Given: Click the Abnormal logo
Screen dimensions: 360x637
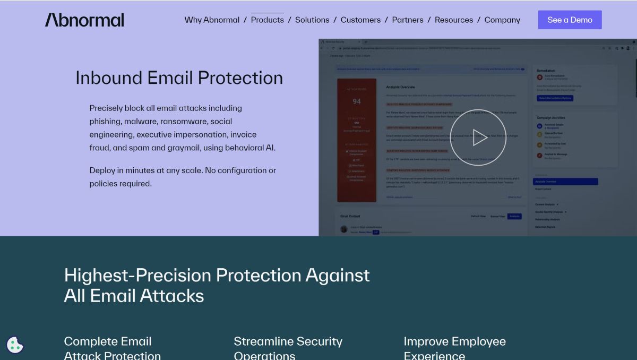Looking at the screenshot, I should [x=84, y=20].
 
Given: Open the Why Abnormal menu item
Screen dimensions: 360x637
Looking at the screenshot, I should [x=212, y=20].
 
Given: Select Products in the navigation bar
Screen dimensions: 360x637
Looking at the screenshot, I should [x=267, y=20].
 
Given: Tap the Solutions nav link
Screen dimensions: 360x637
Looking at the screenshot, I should [x=312, y=20].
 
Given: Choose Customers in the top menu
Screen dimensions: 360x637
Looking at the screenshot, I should [x=360, y=20].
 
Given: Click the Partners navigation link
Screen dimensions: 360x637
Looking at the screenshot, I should [x=408, y=20].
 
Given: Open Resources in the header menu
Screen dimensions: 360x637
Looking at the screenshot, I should [x=454, y=20].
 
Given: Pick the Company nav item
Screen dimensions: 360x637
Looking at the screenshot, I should [x=502, y=20].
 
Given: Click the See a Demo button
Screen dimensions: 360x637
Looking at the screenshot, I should [x=570, y=20].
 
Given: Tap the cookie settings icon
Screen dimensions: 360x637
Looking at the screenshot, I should [x=15, y=345].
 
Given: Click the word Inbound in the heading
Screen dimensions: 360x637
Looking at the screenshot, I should [x=109, y=78].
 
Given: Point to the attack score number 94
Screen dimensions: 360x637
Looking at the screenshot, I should [x=357, y=101].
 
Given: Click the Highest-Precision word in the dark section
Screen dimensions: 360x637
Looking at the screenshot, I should [x=137, y=276].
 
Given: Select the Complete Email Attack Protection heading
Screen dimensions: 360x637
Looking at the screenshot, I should [x=112, y=348].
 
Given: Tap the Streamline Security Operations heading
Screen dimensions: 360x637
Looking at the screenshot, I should [x=288, y=348].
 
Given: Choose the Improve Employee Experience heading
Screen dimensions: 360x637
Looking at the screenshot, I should [x=454, y=348].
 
